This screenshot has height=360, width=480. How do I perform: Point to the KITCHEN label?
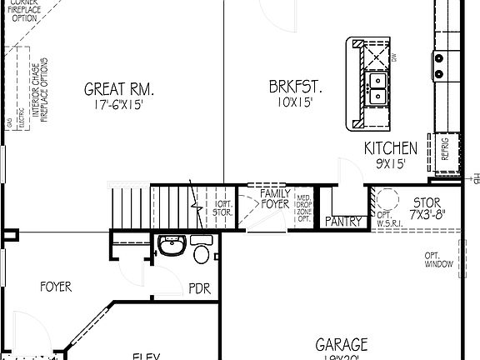391,148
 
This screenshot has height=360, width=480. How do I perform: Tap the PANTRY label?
342,221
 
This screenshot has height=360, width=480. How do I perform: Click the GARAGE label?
342,343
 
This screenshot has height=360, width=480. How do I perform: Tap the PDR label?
199,288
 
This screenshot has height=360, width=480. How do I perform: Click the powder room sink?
171,247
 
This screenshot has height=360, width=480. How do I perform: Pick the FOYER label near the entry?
56,287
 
